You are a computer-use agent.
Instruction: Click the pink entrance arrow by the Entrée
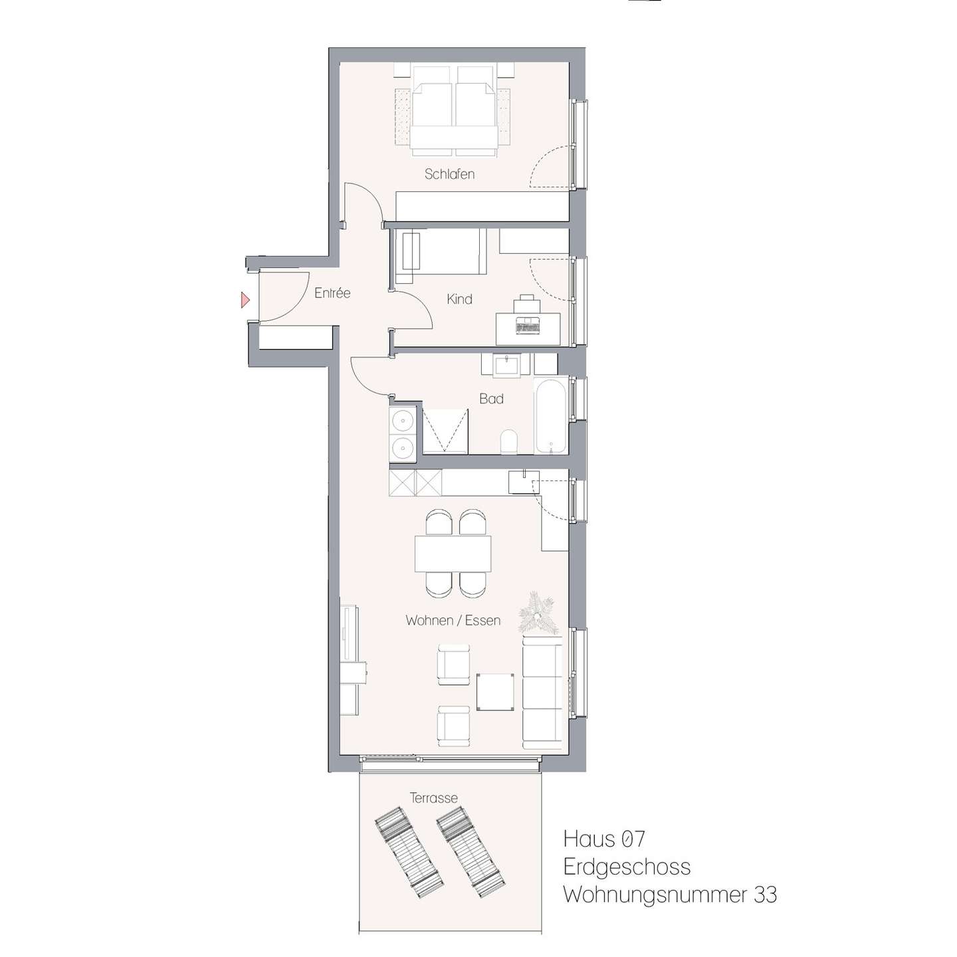[245, 300]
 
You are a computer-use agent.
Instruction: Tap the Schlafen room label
[449, 174]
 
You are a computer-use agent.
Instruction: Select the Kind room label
[459, 299]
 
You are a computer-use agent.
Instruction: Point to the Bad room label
[491, 398]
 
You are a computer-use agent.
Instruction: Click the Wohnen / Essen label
[453, 620]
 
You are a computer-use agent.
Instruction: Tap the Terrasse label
[433, 797]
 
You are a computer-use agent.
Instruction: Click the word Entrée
[332, 292]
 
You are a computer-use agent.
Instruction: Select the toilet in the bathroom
[508, 441]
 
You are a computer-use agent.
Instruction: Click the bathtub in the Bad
[550, 415]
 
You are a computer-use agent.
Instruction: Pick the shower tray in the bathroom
[445, 431]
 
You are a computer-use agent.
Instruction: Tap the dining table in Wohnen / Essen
[453, 554]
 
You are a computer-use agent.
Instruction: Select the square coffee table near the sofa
[495, 692]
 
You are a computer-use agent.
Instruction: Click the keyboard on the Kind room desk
[528, 328]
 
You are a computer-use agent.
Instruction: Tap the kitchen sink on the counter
[524, 481]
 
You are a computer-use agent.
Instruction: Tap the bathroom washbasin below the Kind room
[506, 365]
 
